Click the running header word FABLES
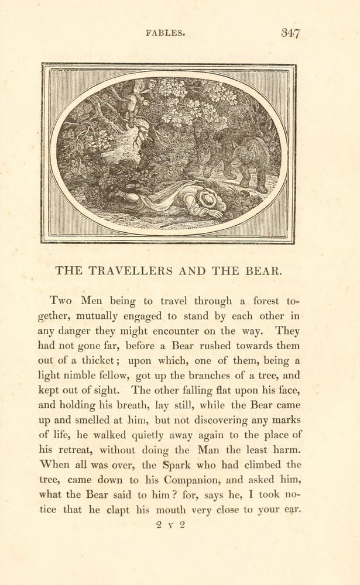[166, 34]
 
